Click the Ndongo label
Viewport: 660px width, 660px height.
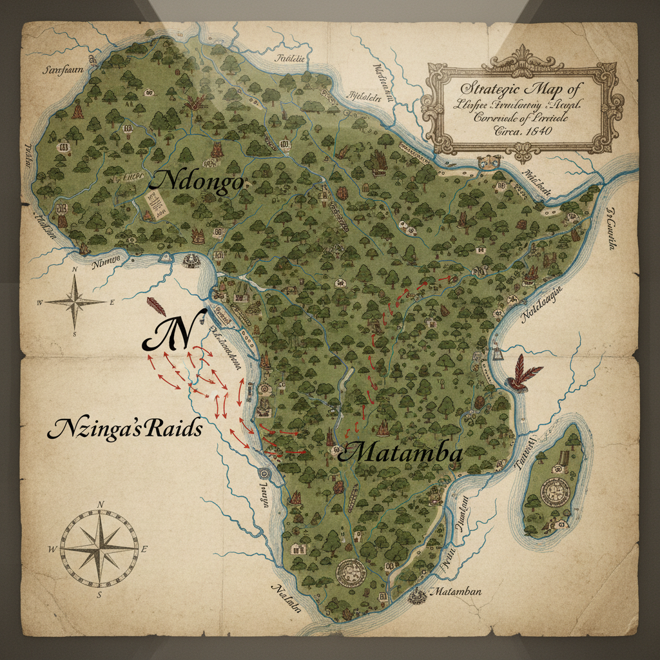[x=196, y=182]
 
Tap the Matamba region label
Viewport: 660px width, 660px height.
[x=400, y=454]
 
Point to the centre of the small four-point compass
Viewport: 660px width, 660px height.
[x=75, y=301]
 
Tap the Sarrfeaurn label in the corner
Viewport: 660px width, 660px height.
[x=63, y=70]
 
